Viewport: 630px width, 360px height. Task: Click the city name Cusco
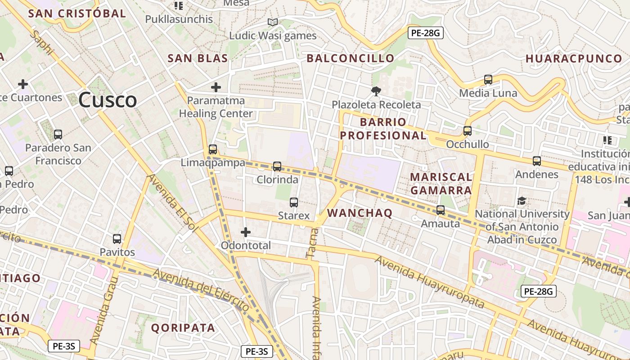click(x=108, y=100)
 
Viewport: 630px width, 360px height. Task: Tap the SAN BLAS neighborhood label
click(x=198, y=58)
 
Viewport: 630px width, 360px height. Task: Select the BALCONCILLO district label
click(x=350, y=58)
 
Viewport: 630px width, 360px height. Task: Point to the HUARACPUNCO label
click(x=573, y=58)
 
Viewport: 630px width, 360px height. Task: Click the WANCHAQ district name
click(x=360, y=213)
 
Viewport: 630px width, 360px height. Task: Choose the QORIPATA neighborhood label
click(x=183, y=328)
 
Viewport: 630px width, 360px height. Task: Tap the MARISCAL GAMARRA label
click(x=441, y=184)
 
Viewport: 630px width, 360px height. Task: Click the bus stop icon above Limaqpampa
click(x=213, y=149)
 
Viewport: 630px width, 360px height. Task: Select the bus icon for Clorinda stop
click(x=277, y=166)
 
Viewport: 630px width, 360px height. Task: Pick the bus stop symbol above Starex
click(x=294, y=202)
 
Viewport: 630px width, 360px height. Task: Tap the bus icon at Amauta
click(x=441, y=210)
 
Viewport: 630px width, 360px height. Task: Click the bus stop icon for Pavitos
click(x=117, y=239)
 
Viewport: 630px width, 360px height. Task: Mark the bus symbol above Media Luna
click(x=488, y=80)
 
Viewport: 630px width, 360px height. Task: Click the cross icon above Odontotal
click(x=246, y=232)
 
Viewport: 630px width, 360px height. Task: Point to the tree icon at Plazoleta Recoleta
click(x=376, y=91)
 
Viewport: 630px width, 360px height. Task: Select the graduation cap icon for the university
click(x=522, y=201)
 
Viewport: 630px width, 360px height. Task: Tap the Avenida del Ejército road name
click(x=201, y=290)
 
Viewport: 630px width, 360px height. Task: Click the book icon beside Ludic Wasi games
click(x=272, y=22)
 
